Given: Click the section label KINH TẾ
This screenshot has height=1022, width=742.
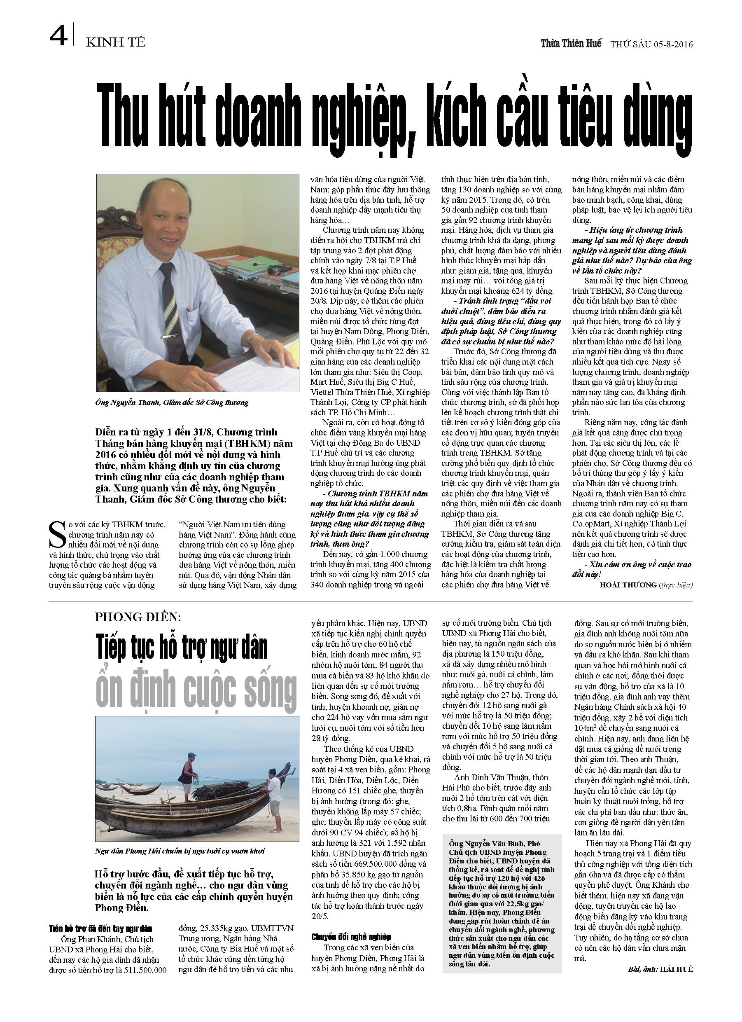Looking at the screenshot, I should (x=116, y=42).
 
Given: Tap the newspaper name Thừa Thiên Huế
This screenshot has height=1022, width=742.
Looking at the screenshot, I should (x=571, y=44).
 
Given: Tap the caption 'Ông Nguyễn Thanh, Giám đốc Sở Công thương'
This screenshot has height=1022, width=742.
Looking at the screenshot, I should (x=172, y=402).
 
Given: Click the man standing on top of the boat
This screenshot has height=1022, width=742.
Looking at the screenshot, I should (x=188, y=773).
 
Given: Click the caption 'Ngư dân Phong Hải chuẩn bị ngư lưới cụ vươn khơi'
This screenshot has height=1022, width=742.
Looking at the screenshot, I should (x=180, y=851).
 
